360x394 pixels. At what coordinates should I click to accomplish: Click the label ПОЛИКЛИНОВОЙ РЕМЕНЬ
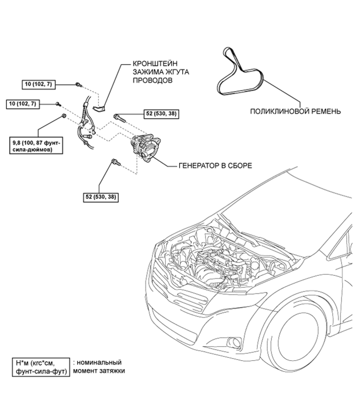click(295, 111)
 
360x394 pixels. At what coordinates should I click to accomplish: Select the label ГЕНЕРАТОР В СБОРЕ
click(215, 166)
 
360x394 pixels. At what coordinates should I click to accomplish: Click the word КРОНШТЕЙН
click(155, 63)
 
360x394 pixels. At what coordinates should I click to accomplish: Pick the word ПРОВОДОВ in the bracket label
click(153, 80)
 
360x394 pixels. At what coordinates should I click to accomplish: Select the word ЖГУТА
click(178, 72)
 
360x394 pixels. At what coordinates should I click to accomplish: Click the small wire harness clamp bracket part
click(100, 108)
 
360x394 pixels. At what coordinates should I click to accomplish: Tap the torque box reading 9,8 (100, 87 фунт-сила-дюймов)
click(36, 146)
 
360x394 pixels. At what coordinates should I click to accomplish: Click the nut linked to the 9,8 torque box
click(64, 116)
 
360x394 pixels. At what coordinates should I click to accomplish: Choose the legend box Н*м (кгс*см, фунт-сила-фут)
click(41, 367)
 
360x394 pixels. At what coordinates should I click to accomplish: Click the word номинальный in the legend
click(99, 362)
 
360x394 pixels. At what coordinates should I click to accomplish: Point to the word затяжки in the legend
click(111, 371)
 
